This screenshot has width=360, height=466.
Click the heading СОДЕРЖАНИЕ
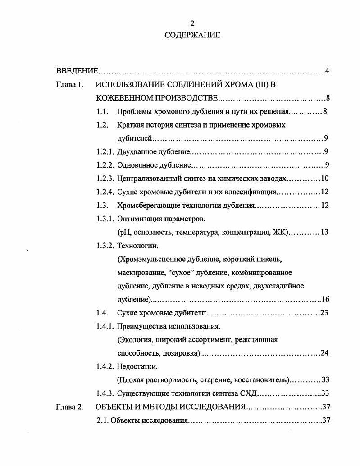(x=192, y=35)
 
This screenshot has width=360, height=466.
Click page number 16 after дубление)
(x=325, y=299)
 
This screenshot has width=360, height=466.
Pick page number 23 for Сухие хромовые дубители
(x=324, y=313)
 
